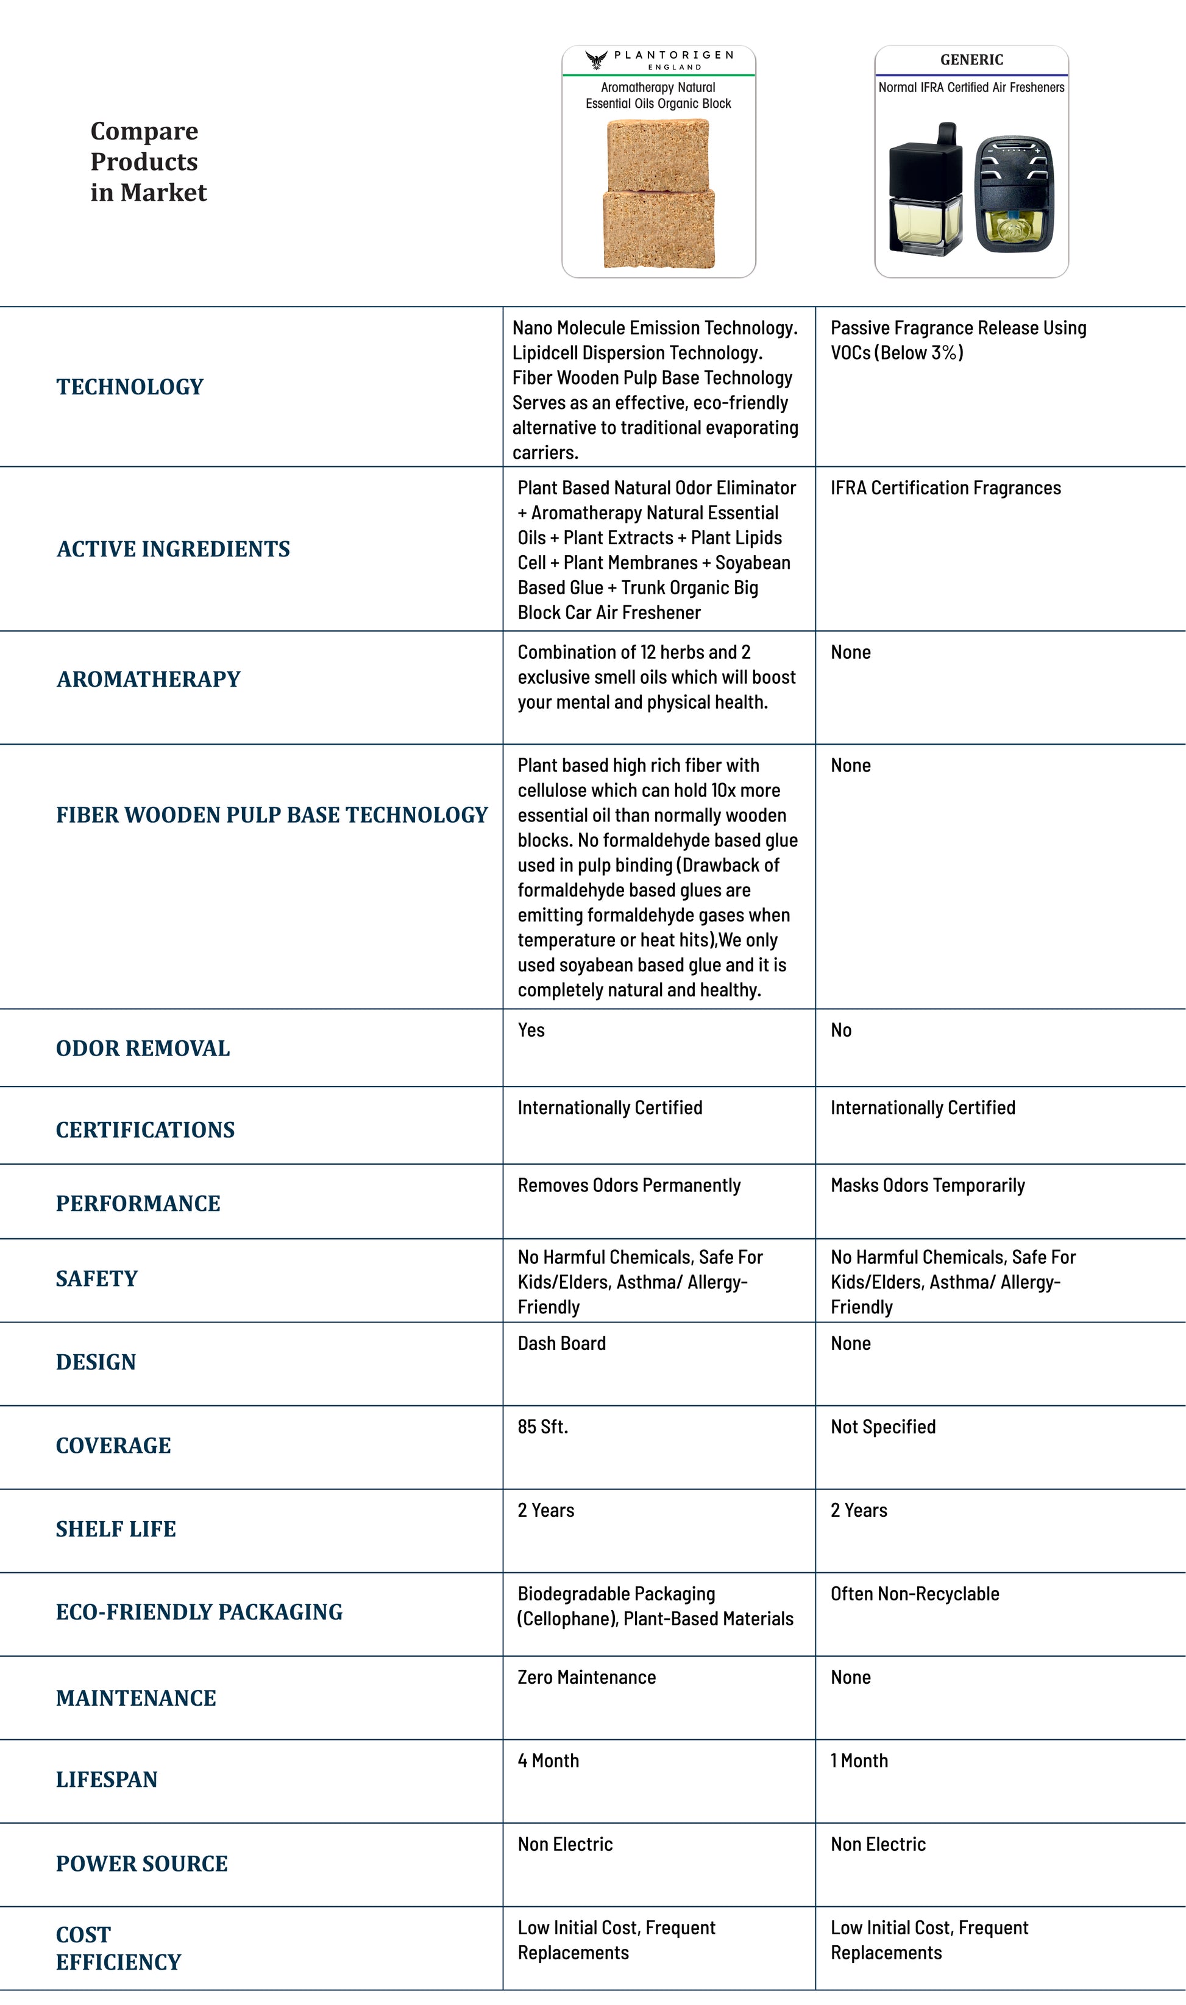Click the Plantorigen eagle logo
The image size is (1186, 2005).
click(x=596, y=60)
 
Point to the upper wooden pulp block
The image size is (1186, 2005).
click(x=659, y=155)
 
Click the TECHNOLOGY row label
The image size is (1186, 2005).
click(x=129, y=387)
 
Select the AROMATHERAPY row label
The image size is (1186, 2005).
click(x=148, y=680)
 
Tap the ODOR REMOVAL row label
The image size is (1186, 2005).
click(x=142, y=1048)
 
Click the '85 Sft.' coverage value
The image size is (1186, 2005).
click(x=542, y=1427)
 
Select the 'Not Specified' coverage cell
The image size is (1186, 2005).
click(x=882, y=1427)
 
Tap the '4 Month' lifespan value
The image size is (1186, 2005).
click(x=549, y=1761)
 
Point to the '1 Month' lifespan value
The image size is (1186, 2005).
click(x=859, y=1761)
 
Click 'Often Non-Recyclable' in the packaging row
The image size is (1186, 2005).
click(x=914, y=1594)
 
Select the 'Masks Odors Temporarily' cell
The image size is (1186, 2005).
click(x=927, y=1185)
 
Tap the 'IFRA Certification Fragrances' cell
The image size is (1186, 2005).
click(x=945, y=488)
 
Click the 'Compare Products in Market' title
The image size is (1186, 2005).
click(x=148, y=161)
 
